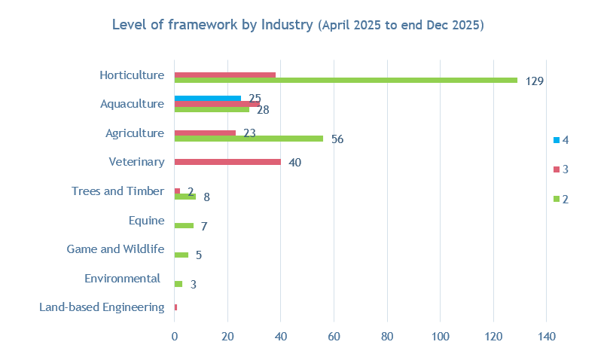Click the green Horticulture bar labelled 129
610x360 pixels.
(x=346, y=80)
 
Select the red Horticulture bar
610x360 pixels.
(x=224, y=75)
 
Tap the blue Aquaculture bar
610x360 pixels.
(x=207, y=98)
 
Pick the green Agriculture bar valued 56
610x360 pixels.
(x=249, y=139)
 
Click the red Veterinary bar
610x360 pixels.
(x=227, y=162)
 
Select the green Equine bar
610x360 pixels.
(x=184, y=225)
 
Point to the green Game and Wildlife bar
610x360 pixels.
(x=181, y=255)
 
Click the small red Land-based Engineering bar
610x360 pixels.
(x=175, y=307)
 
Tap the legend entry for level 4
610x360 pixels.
(x=560, y=140)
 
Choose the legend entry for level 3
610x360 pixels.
(x=560, y=169)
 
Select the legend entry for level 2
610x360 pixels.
(x=560, y=199)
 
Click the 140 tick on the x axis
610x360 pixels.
(x=546, y=337)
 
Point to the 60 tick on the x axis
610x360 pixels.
(x=334, y=337)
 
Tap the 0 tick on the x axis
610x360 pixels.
(x=174, y=337)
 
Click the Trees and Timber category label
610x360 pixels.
(x=117, y=191)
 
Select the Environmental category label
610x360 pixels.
(x=122, y=279)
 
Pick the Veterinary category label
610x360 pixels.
(x=136, y=162)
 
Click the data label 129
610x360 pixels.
(x=535, y=81)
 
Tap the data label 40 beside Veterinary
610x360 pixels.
(x=294, y=163)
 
